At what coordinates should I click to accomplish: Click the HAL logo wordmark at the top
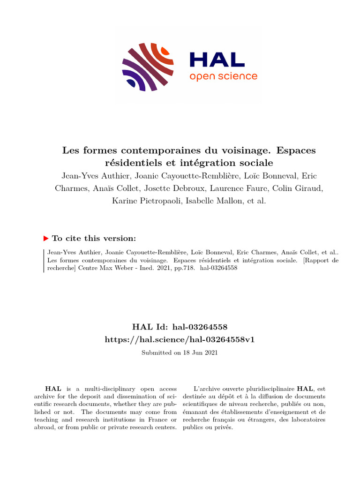217,59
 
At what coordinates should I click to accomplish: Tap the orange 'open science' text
223,76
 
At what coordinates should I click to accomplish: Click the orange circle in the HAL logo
165,50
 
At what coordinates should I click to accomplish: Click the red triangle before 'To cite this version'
46,238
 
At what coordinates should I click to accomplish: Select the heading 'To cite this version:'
94,238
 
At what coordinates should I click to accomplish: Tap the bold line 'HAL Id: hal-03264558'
180,327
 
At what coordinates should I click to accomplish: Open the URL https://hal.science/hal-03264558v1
180,339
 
